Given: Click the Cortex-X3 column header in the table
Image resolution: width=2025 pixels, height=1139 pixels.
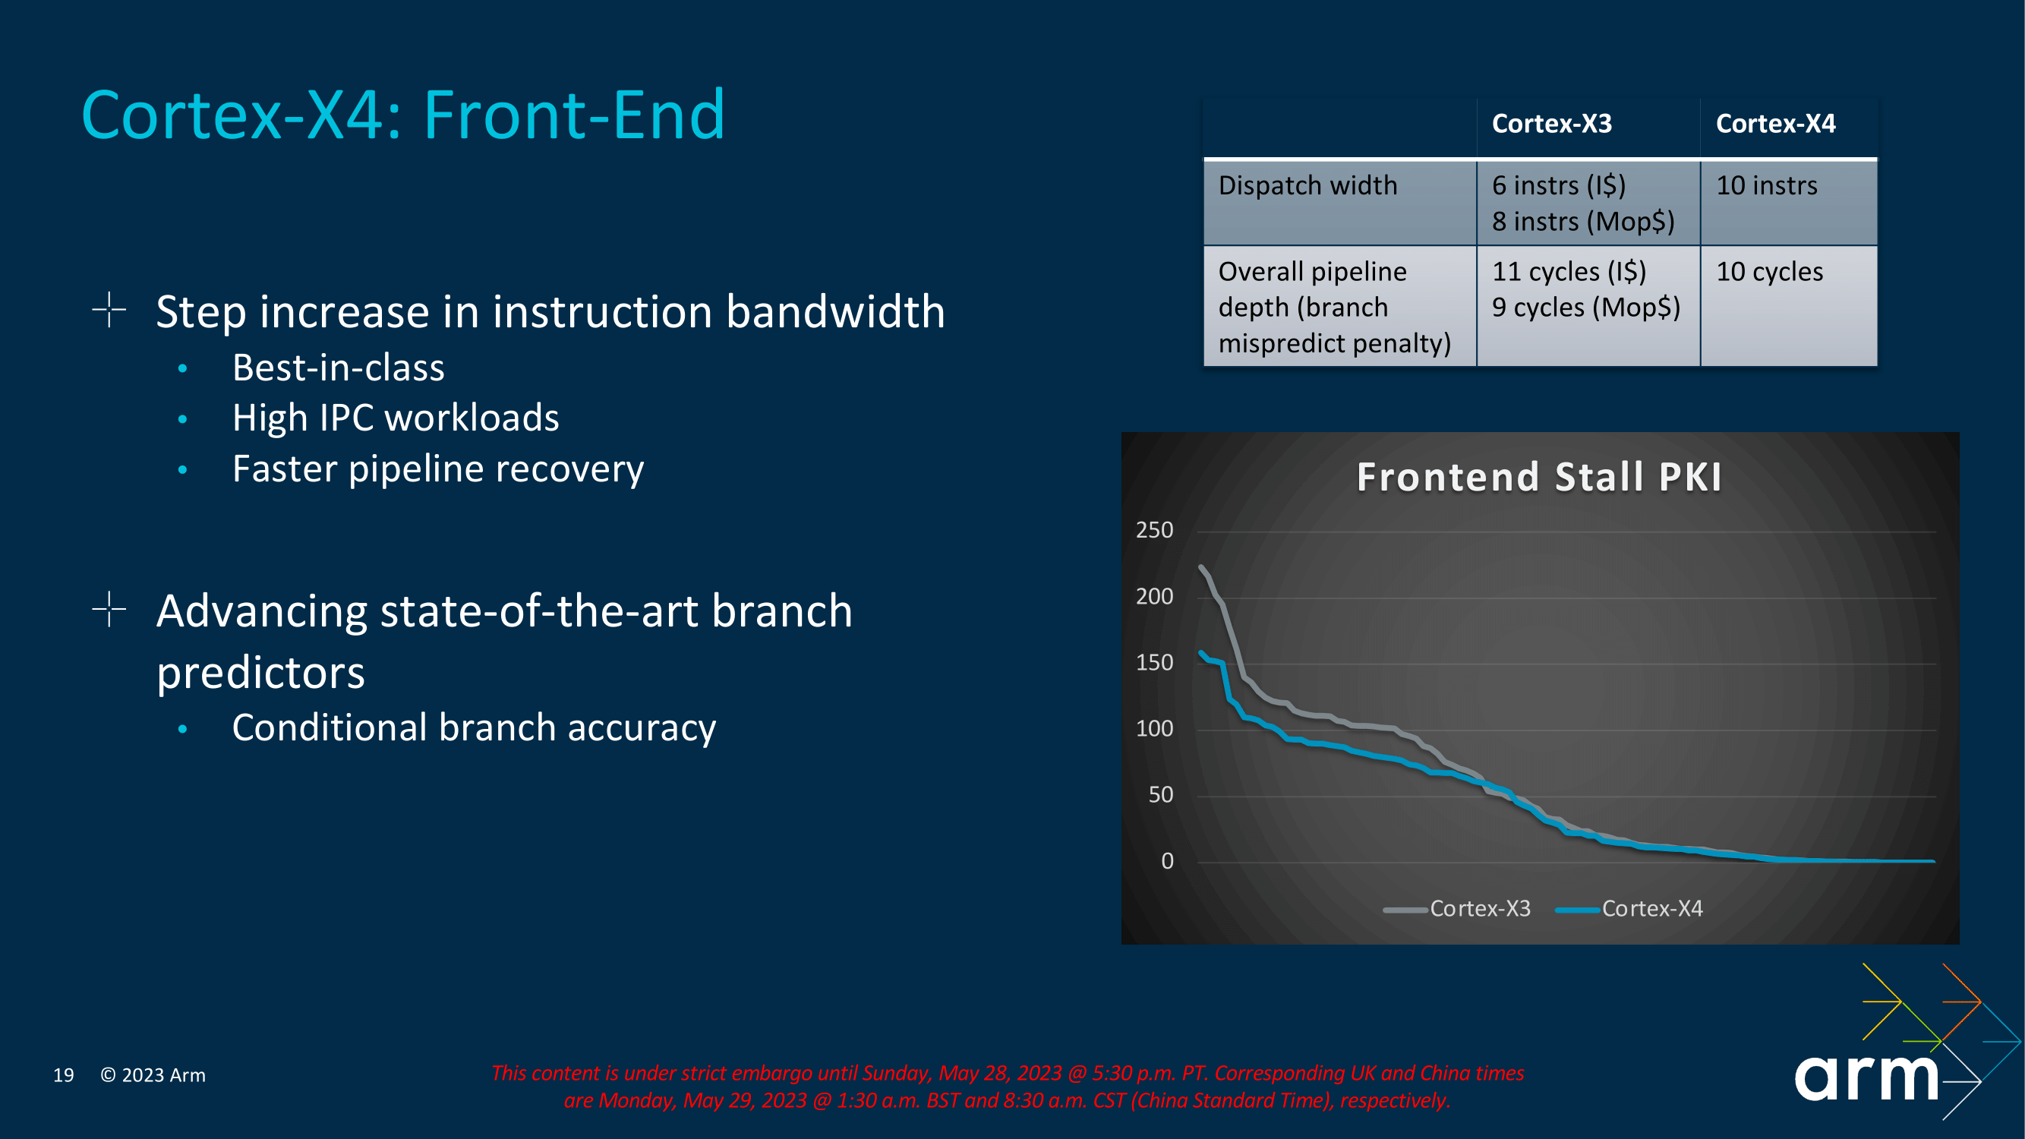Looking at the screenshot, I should (1551, 125).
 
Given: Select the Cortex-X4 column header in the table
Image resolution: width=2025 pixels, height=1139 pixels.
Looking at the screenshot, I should (1775, 125).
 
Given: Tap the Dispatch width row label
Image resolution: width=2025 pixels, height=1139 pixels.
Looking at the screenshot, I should (1307, 186).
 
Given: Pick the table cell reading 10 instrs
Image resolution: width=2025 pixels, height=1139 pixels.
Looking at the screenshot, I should (1766, 186).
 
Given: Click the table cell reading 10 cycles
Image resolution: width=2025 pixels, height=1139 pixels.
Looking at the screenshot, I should (1768, 272).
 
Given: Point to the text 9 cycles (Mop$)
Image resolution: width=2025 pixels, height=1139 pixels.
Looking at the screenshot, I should (1585, 308).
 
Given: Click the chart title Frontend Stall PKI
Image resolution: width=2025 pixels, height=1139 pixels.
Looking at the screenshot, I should (1539, 477).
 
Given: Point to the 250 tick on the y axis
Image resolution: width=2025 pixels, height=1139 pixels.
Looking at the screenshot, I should (1154, 531).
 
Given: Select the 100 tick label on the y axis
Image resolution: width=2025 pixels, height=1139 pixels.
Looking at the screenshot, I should (1154, 730).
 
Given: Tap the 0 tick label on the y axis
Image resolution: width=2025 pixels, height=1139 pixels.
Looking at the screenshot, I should (1166, 862).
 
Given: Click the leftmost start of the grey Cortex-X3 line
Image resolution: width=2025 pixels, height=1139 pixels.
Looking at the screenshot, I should (1200, 566).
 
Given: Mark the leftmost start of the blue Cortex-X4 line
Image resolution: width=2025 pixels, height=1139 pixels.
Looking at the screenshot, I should (1200, 652).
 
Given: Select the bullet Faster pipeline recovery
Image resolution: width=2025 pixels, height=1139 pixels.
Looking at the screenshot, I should (438, 469).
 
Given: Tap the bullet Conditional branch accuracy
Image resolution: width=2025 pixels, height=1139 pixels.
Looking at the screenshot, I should (473, 728).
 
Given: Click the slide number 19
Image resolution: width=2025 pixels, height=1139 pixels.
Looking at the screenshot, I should (64, 1075).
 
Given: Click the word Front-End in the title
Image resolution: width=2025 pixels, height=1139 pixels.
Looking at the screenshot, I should (574, 115).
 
